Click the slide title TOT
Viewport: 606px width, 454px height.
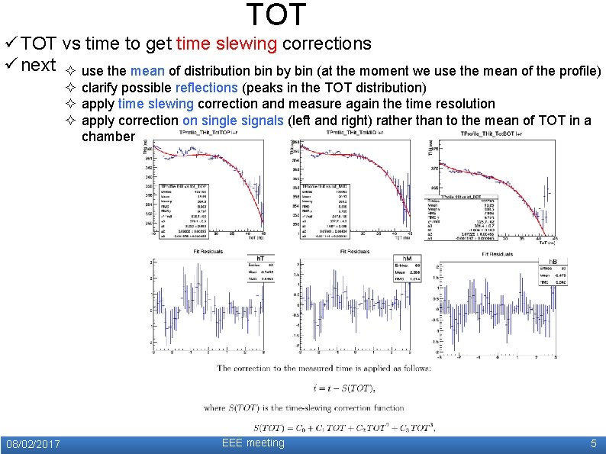click(x=276, y=15)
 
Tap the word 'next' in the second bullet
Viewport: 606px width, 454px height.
click(x=38, y=65)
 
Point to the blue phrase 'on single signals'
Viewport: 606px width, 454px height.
click(x=233, y=120)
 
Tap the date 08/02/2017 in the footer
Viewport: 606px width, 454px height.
click(x=33, y=444)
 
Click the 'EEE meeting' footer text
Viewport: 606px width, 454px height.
click(x=253, y=443)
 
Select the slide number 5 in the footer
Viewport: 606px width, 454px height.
click(x=593, y=444)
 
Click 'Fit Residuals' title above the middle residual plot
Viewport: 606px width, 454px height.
click(x=355, y=253)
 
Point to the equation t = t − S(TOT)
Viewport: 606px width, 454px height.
click(x=326, y=388)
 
